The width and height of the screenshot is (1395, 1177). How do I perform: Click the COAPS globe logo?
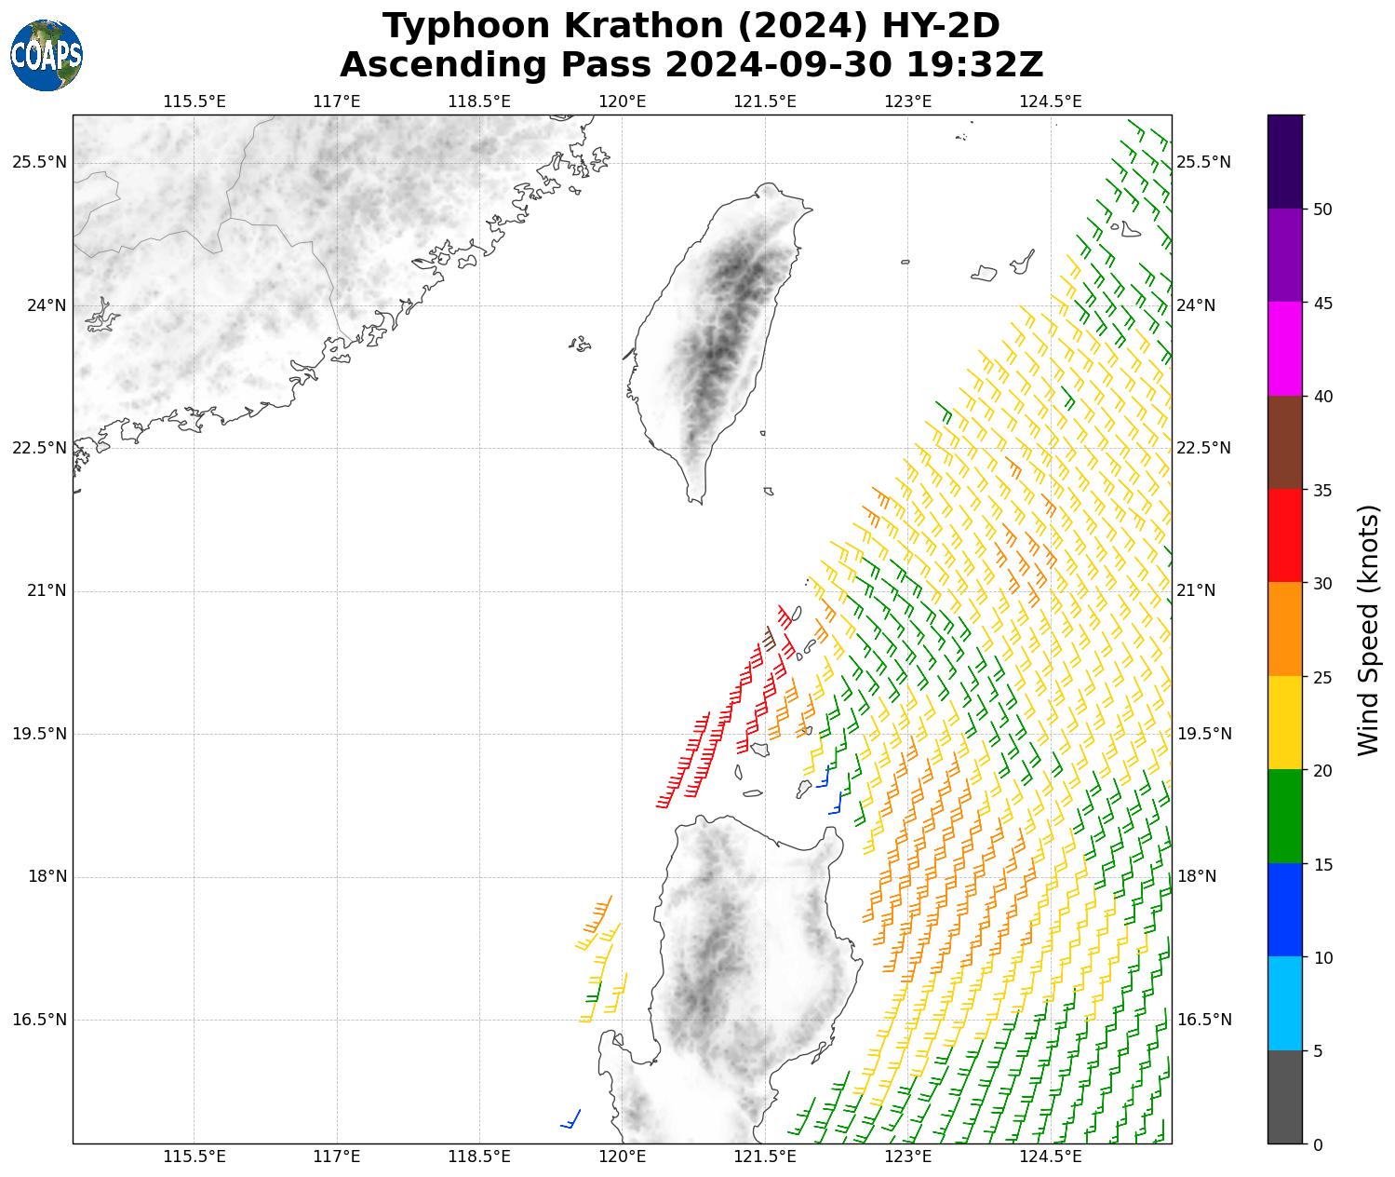point(47,55)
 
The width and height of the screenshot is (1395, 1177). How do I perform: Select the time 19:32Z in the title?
point(973,65)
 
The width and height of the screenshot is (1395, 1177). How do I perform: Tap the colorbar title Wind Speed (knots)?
point(1367,629)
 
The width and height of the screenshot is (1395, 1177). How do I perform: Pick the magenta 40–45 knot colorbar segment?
point(1284,348)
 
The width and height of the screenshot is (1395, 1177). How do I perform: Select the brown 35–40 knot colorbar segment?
point(1284,442)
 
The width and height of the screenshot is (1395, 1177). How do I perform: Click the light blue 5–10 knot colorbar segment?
point(1284,1004)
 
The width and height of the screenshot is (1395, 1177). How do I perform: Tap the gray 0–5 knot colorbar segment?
point(1284,1097)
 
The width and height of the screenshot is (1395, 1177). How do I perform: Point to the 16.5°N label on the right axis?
point(1204,1020)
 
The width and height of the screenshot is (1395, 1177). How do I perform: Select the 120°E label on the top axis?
point(623,101)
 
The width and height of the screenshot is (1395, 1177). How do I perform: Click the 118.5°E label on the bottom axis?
point(479,1157)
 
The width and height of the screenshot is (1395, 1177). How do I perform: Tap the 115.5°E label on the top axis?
point(194,101)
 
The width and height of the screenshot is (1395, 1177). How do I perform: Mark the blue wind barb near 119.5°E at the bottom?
point(570,1119)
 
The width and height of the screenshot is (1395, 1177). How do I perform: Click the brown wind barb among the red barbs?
point(769,639)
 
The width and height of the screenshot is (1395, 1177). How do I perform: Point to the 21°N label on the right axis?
point(1197,590)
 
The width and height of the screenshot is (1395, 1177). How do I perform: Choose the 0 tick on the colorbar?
point(1317,1144)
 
